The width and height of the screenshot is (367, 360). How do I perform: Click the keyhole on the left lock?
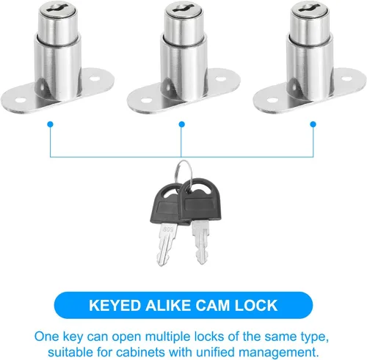pos(58,7)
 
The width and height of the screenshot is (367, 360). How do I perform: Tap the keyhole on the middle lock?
pos(183,7)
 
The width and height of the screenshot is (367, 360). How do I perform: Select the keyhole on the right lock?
pos(310,7)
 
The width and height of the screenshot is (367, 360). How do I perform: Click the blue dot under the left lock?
pos(50,125)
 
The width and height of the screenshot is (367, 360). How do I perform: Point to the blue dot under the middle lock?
pos(181,125)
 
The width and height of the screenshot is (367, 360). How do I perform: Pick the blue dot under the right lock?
pos(313,125)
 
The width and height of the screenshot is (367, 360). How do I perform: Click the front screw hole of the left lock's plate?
pos(21,100)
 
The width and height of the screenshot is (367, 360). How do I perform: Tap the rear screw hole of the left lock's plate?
pos(95,78)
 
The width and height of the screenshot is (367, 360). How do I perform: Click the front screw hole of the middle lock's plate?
pos(147,100)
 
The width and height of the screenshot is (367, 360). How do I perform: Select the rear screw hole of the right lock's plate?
pos(346,78)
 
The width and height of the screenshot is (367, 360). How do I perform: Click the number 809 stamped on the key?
pos(168,229)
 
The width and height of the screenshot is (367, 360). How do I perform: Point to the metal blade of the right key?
pos(201,242)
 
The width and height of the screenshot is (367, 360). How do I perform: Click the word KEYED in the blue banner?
pos(115,306)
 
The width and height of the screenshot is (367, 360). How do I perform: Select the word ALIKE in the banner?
pos(169,306)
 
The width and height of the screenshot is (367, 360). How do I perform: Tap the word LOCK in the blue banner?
pos(256,306)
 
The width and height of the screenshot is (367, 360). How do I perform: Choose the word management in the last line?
pos(278,353)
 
